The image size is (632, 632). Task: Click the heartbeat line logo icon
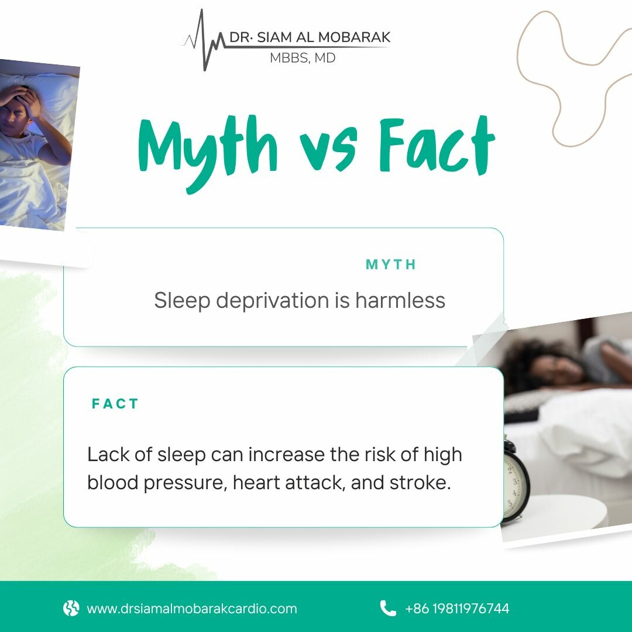(x=204, y=40)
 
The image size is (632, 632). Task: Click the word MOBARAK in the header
(x=354, y=37)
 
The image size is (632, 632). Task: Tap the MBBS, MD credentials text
(x=303, y=58)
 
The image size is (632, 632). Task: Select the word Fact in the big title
(x=437, y=145)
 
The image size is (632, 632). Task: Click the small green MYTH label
(x=390, y=265)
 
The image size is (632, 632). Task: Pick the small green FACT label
(x=115, y=403)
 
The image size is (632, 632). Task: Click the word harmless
(x=400, y=300)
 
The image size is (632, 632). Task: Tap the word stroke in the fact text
(x=420, y=482)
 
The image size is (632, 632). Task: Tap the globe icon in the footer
(x=71, y=608)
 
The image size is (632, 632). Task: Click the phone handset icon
(x=388, y=608)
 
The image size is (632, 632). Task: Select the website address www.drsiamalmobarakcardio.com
(x=192, y=608)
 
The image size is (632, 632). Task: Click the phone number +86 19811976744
(x=457, y=608)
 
